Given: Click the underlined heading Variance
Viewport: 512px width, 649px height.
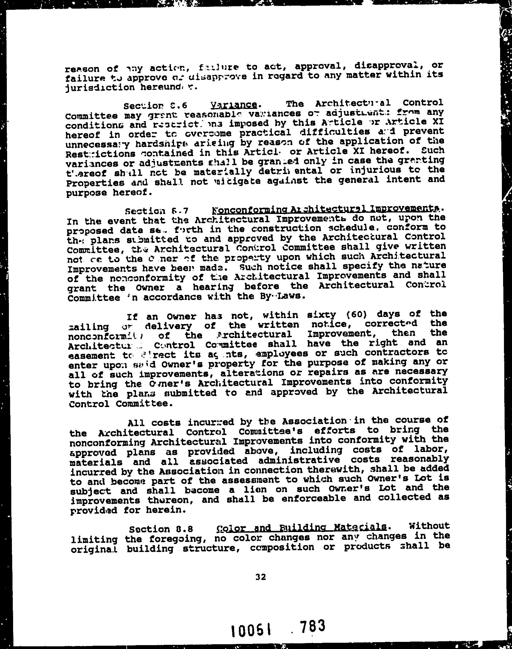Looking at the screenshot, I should tap(234, 105).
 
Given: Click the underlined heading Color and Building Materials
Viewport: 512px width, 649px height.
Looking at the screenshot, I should tap(301, 535).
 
